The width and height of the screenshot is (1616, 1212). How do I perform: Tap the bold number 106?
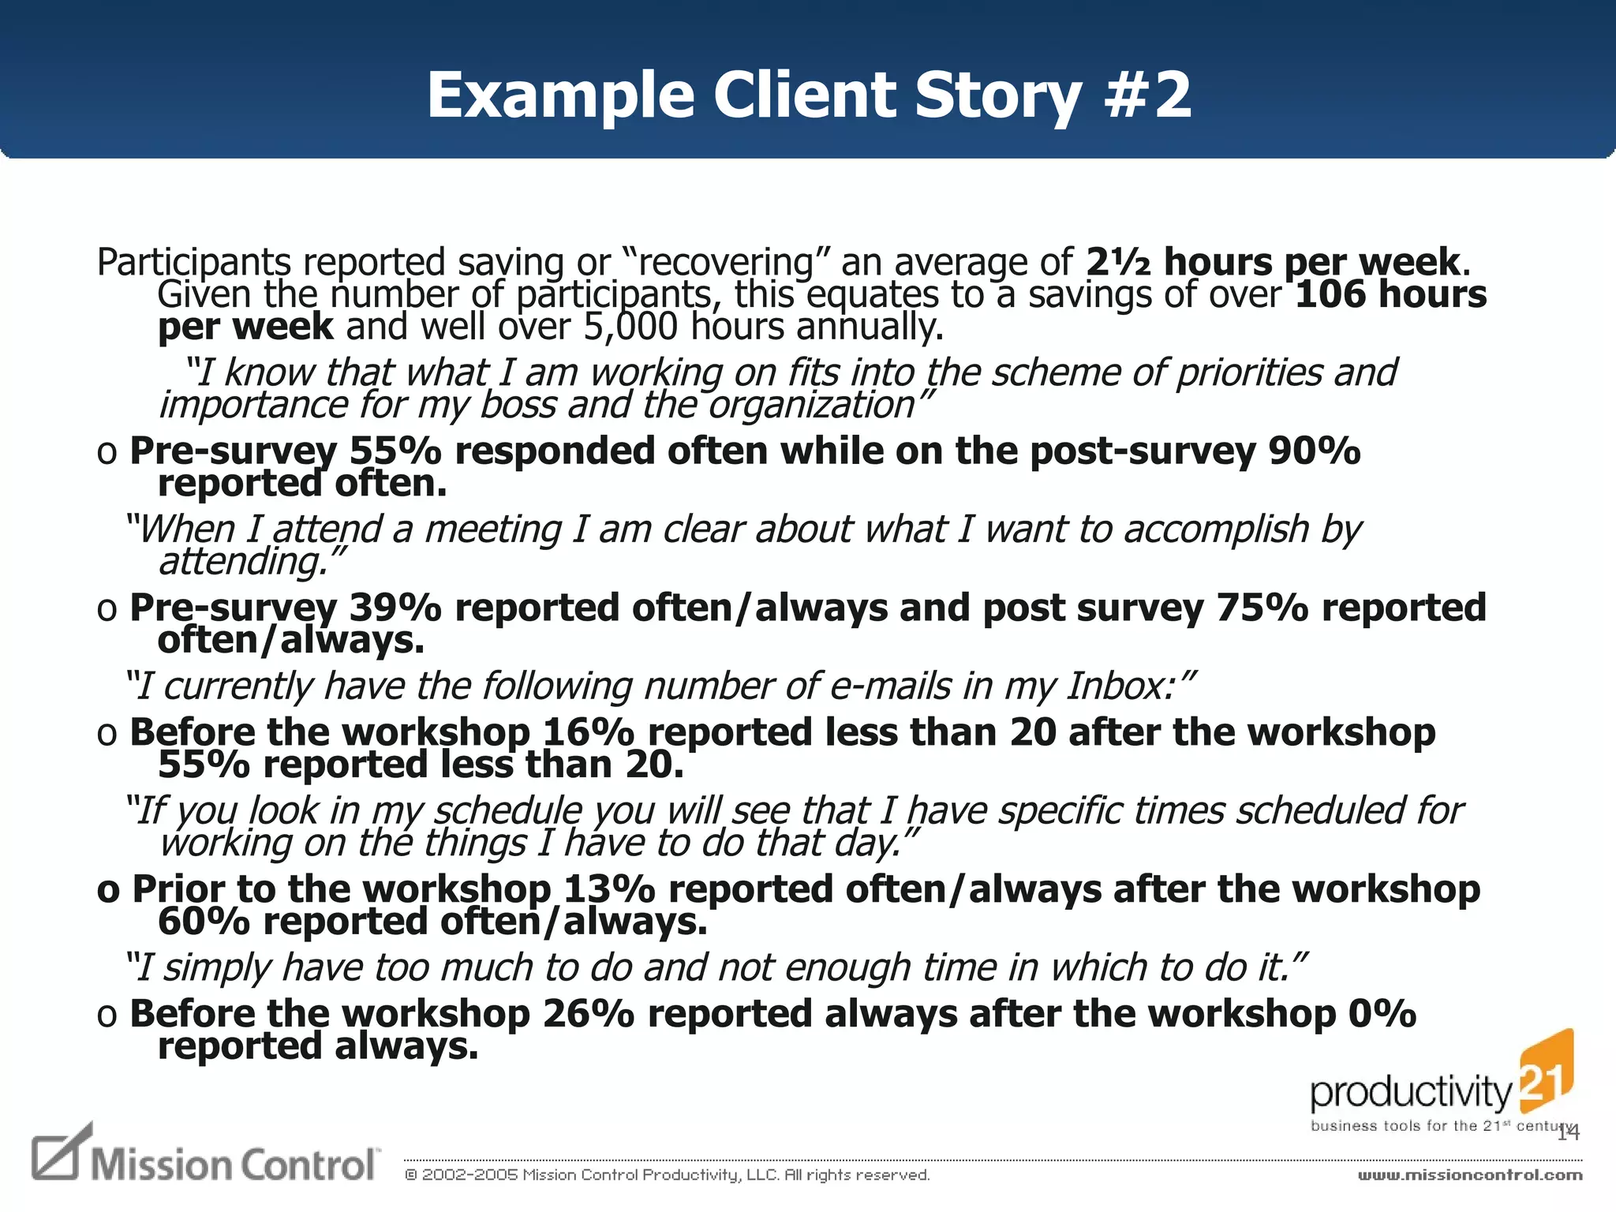pyautogui.click(x=1330, y=294)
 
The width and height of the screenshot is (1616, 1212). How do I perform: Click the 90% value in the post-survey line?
pyautogui.click(x=1315, y=451)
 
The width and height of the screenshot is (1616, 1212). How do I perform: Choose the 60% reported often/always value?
pyautogui.click(x=204, y=922)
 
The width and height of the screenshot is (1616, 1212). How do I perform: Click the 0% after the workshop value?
pyautogui.click(x=1382, y=1014)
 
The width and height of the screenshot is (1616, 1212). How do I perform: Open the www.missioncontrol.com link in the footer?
pyautogui.click(x=1469, y=1175)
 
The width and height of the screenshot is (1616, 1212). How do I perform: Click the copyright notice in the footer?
pyautogui.click(x=667, y=1175)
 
